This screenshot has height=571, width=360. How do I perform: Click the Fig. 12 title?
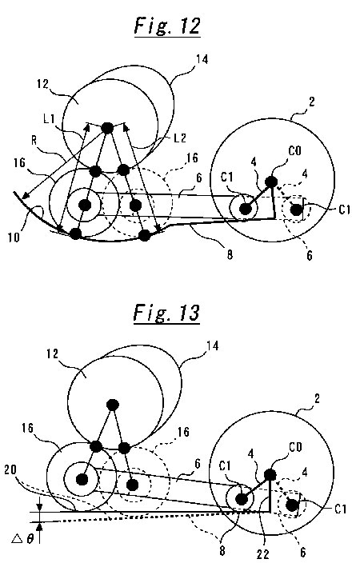[x=167, y=26]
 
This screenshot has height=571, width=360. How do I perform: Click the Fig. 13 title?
[x=166, y=313]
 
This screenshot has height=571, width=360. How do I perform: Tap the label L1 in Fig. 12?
[x=49, y=118]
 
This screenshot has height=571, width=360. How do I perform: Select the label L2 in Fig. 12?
[x=180, y=138]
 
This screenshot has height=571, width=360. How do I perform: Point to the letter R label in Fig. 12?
[x=34, y=140]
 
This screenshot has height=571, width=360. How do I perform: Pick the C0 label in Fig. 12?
[x=294, y=150]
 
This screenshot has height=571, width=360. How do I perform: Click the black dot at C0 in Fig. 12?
[x=270, y=182]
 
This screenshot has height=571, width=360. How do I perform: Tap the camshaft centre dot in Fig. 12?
[x=107, y=128]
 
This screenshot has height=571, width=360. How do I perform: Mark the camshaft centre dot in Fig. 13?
[x=113, y=404]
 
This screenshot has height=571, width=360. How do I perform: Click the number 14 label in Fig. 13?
[x=212, y=346]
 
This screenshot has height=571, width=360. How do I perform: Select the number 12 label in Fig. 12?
[x=43, y=84]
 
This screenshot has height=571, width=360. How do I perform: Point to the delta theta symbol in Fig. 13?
[x=22, y=538]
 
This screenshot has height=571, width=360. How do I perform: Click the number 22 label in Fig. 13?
[x=262, y=554]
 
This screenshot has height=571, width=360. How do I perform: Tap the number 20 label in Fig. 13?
[x=10, y=469]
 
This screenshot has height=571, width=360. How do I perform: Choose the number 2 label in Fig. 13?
[x=317, y=398]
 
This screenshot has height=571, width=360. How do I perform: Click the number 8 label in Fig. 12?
[x=230, y=255]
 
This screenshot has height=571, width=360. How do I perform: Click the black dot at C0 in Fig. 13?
[x=270, y=474]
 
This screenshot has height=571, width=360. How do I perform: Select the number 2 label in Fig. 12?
[x=311, y=102]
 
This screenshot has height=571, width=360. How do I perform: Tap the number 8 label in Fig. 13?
[x=222, y=550]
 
